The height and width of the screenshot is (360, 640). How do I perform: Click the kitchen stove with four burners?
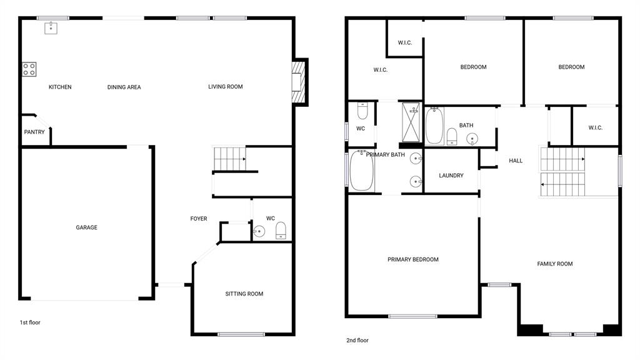click(29, 69)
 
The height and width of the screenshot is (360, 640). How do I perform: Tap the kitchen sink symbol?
click(51, 27)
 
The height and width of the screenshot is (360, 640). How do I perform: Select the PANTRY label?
click(34, 132)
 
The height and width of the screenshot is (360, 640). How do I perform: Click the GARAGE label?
click(86, 227)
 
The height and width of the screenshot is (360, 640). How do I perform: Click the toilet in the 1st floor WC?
click(281, 230)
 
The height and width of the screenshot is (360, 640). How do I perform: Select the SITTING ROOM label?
click(244, 294)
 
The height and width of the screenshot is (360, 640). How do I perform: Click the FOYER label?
click(199, 219)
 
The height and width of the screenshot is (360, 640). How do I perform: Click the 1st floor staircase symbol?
click(229, 159)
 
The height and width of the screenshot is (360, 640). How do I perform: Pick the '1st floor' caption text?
click(30, 322)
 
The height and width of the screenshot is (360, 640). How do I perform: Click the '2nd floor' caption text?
click(357, 341)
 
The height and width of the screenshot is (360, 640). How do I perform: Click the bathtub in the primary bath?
click(361, 171)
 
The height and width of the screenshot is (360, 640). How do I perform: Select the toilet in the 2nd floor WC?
click(362, 111)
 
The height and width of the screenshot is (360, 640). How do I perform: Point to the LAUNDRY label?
click(451, 176)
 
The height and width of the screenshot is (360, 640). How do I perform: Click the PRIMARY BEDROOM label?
click(412, 259)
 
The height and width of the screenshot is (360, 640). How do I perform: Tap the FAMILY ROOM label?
click(555, 264)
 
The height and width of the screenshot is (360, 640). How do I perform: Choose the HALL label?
click(516, 161)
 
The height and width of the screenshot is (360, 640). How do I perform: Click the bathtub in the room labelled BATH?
click(434, 126)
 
